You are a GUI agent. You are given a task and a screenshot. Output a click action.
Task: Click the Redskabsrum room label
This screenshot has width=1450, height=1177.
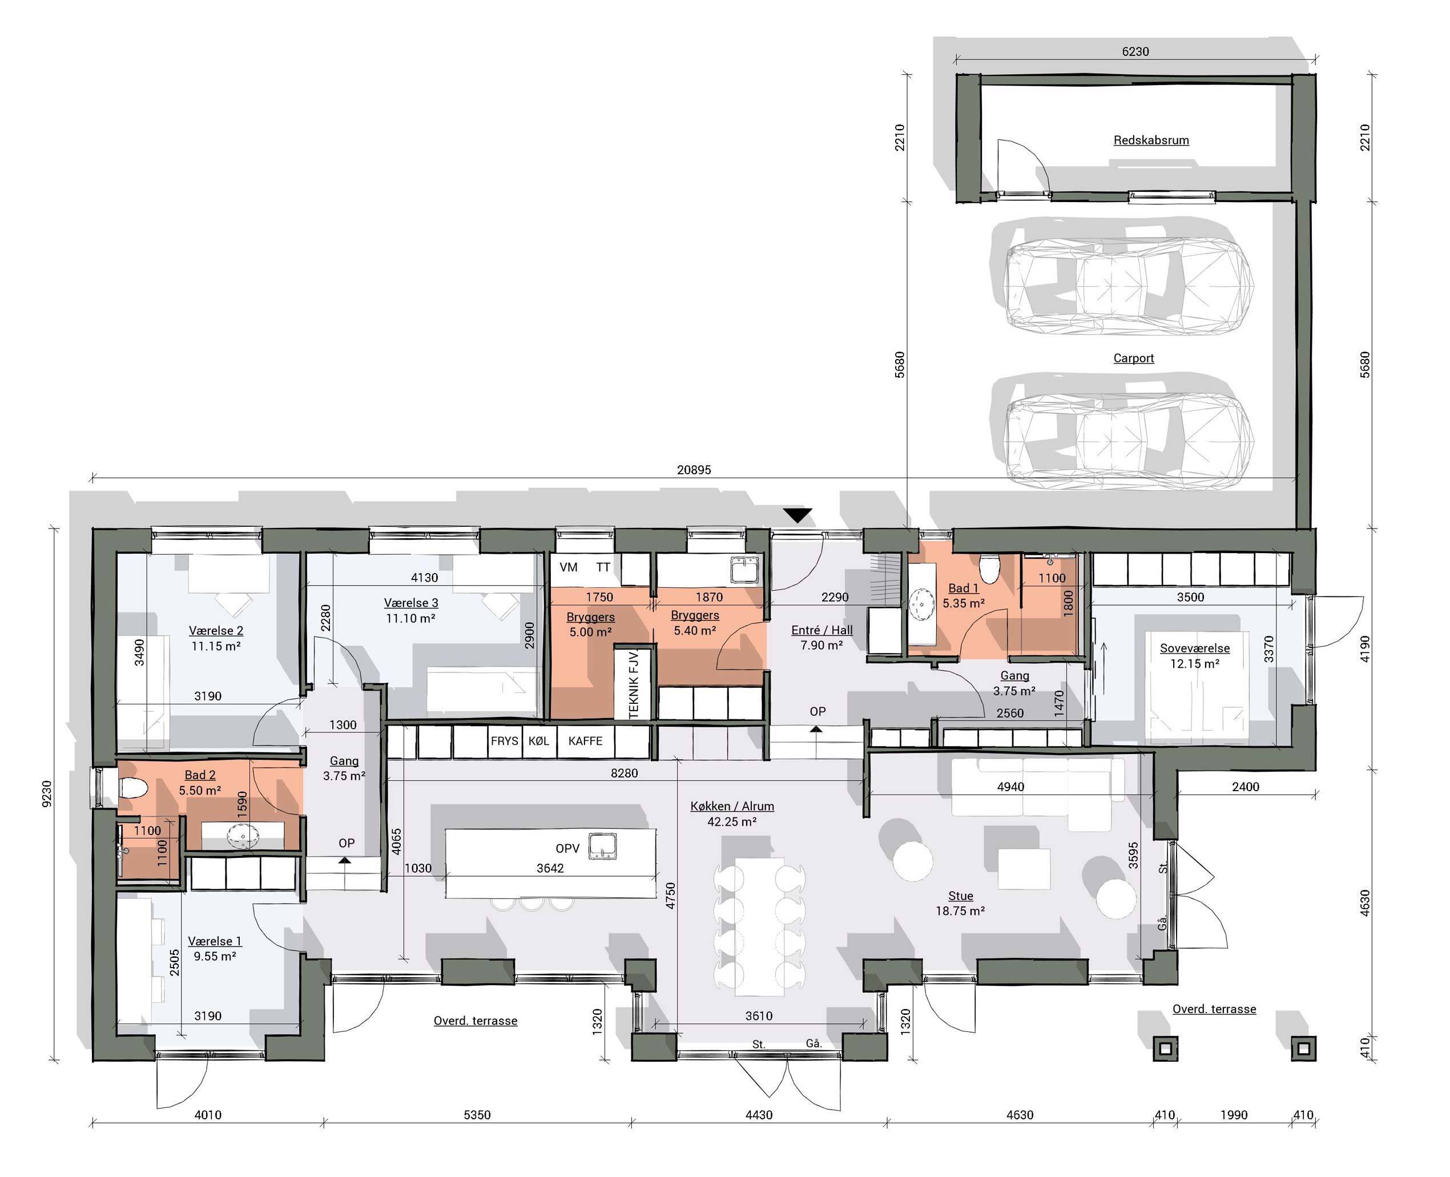point(1150,140)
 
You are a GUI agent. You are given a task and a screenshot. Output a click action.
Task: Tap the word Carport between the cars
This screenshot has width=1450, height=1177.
point(1133,358)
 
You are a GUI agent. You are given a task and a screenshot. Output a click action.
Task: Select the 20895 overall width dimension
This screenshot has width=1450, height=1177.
point(694,469)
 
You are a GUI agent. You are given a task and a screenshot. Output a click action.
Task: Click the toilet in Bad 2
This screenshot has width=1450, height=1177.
point(133,788)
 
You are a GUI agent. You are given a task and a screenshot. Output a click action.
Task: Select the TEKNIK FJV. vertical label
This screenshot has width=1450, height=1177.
point(634,683)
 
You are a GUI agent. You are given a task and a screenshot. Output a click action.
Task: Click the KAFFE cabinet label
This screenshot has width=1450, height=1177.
point(585,741)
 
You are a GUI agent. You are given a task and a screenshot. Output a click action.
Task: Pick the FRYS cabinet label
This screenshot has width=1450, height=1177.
point(504,741)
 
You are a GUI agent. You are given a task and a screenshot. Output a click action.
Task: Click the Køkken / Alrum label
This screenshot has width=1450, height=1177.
point(732,806)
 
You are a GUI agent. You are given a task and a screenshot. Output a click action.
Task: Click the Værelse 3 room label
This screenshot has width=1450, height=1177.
point(411,603)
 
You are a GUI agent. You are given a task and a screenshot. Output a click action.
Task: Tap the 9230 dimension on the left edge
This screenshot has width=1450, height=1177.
point(47,794)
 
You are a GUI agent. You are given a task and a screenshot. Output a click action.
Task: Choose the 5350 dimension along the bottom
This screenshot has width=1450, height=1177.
point(477,1115)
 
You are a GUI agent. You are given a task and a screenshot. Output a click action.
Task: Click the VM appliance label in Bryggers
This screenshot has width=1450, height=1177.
point(569,567)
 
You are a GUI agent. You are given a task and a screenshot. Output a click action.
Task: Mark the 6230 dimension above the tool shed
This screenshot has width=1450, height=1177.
point(1135,51)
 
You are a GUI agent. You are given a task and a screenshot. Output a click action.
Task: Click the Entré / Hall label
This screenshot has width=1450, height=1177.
point(821,630)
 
